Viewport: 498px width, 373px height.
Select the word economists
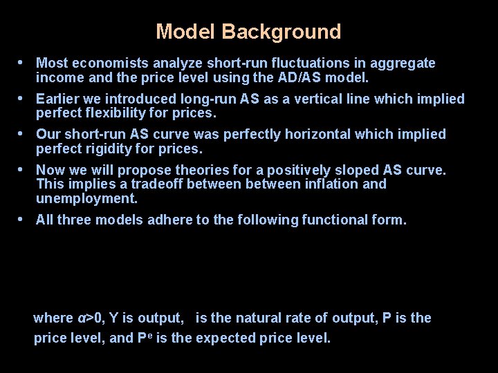104,64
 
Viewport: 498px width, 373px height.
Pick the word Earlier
59,99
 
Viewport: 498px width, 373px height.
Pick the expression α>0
90,318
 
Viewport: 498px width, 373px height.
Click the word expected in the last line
233,338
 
